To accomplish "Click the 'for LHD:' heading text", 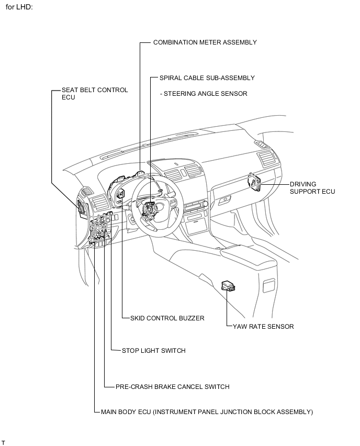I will (x=19, y=8).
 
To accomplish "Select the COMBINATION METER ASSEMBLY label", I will (x=205, y=42).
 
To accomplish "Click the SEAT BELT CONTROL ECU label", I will (x=94, y=90).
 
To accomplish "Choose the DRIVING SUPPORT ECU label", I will (x=312, y=188).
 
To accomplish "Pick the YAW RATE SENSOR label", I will (x=263, y=326).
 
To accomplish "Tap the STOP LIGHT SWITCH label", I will (x=153, y=351).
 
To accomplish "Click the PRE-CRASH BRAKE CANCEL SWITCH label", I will (x=172, y=387).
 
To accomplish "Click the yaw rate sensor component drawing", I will (x=228, y=285).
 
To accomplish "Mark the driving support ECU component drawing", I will (x=254, y=183).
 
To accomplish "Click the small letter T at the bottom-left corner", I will (x=3, y=443).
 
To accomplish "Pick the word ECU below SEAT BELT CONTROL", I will (x=69, y=97).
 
